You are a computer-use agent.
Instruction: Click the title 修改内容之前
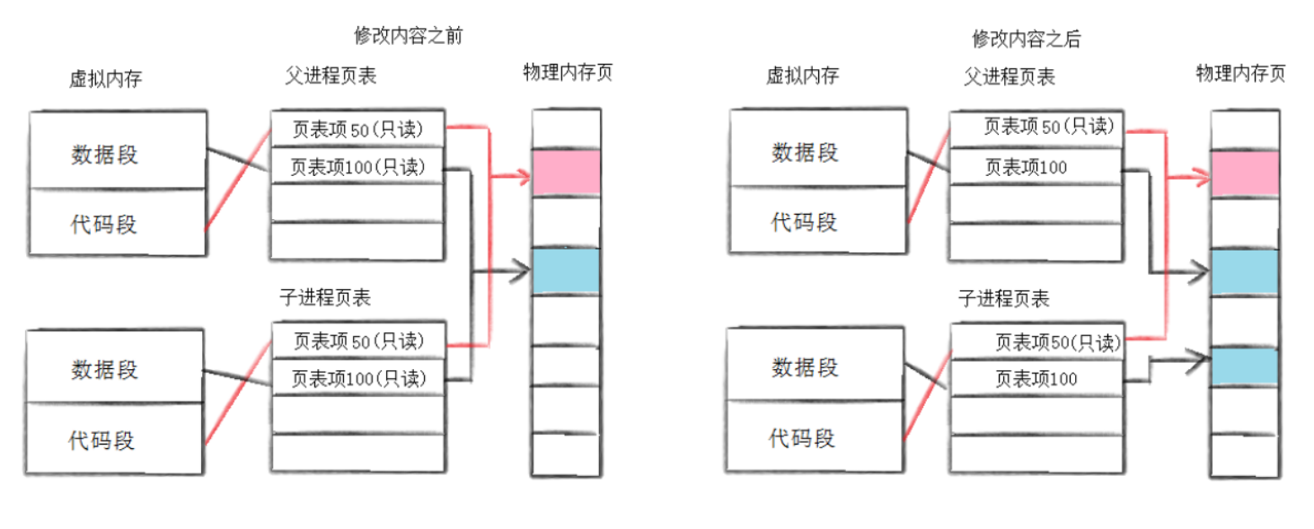tap(409, 35)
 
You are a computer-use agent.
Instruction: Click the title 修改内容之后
tap(1027, 38)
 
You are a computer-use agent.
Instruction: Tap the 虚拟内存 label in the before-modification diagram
tap(105, 79)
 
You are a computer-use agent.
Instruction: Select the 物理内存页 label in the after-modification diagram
tap(1240, 74)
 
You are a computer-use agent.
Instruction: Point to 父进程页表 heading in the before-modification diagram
tap(325, 75)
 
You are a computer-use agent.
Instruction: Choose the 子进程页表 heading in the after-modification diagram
tap(1004, 298)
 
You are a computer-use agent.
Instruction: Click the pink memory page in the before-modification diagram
tap(566, 172)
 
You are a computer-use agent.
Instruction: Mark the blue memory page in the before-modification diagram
tap(566, 270)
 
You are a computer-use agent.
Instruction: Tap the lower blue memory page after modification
tap(1244, 366)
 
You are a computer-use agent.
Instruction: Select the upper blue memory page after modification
tap(1244, 271)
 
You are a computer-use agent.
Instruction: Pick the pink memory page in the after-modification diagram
tap(1244, 173)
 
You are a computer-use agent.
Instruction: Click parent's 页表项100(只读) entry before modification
tap(357, 167)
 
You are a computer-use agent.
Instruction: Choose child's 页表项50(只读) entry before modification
tap(357, 341)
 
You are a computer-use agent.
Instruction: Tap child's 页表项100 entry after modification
tap(1036, 379)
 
